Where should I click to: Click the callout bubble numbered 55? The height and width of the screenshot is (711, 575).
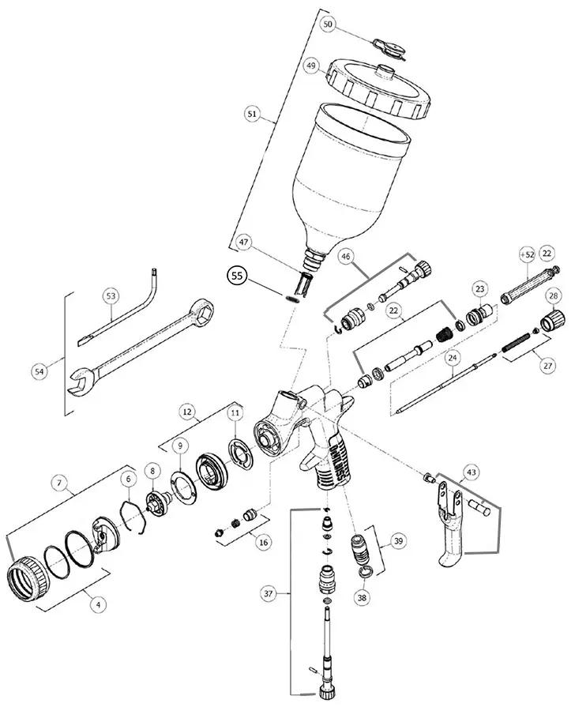[237, 276]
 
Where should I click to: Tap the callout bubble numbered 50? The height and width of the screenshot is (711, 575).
[329, 25]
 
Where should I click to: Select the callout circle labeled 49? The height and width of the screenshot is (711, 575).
[310, 66]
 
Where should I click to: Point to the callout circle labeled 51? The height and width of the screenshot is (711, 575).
[252, 114]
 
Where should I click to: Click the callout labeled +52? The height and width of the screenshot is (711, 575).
[527, 255]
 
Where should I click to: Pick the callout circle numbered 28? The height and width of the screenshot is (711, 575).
[554, 295]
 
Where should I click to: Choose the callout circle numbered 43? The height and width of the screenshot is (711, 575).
[472, 472]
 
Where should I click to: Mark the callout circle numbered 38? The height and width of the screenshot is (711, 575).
[362, 598]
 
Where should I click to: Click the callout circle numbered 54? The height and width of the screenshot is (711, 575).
[39, 372]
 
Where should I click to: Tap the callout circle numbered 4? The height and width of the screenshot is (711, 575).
[98, 604]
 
